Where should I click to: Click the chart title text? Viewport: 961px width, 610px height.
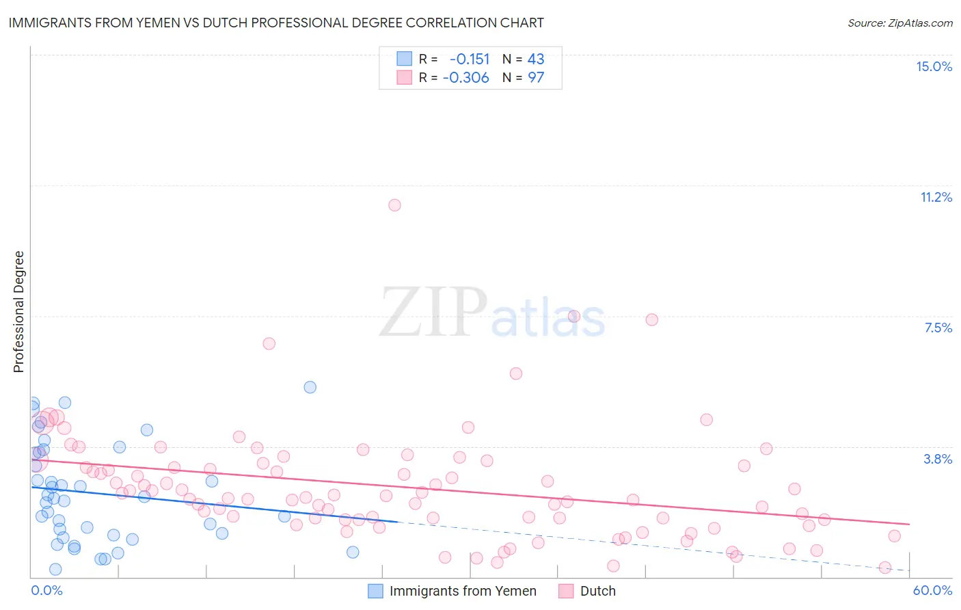(276, 23)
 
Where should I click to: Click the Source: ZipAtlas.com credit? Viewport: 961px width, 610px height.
(899, 23)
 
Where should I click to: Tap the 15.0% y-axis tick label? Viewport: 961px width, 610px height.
(934, 66)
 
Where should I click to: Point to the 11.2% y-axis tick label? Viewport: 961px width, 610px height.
(936, 197)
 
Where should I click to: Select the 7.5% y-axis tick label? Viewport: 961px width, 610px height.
(938, 328)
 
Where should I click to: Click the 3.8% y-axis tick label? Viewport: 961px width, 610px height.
(938, 459)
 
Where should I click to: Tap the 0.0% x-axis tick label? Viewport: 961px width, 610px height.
(46, 590)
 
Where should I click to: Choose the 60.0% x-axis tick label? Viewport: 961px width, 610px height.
(932, 590)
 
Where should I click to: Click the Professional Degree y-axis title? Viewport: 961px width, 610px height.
(18, 312)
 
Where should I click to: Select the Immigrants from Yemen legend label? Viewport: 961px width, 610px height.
(463, 591)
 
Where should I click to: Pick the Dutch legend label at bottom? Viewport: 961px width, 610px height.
(597, 591)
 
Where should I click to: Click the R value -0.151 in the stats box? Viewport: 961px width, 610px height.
(470, 59)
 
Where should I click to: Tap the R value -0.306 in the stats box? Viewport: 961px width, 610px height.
(466, 77)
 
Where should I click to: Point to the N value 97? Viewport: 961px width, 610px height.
(536, 77)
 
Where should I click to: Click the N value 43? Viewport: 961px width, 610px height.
(536, 59)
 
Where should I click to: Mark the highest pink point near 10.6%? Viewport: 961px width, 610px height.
(394, 205)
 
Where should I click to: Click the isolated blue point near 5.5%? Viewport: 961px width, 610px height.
(310, 387)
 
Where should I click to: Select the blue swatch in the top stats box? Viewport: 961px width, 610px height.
(405, 59)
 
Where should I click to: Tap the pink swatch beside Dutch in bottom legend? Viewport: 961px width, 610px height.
(566, 591)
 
